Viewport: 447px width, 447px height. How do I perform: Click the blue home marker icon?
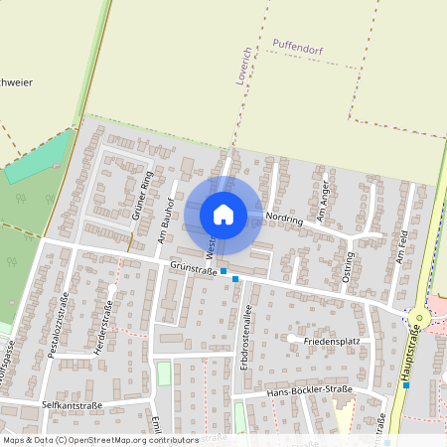(x=223, y=215)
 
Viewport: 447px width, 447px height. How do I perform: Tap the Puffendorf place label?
(x=297, y=44)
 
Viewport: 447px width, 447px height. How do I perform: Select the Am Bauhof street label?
(x=166, y=221)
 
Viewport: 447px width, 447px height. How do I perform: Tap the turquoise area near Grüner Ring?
(x=40, y=159)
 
